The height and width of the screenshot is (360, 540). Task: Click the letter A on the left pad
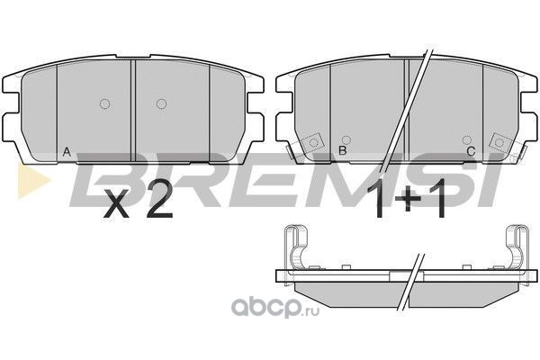click(67, 151)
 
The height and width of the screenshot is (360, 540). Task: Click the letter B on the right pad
click(343, 150)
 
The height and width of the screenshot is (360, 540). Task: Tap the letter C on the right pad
click(471, 151)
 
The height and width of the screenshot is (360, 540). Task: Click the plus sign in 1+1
click(408, 200)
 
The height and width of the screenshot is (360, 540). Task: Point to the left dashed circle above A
click(104, 103)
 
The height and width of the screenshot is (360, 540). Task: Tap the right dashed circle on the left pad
click(161, 103)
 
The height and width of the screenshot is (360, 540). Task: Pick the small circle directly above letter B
click(346, 139)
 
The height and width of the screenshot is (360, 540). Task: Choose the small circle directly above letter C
click(466, 139)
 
